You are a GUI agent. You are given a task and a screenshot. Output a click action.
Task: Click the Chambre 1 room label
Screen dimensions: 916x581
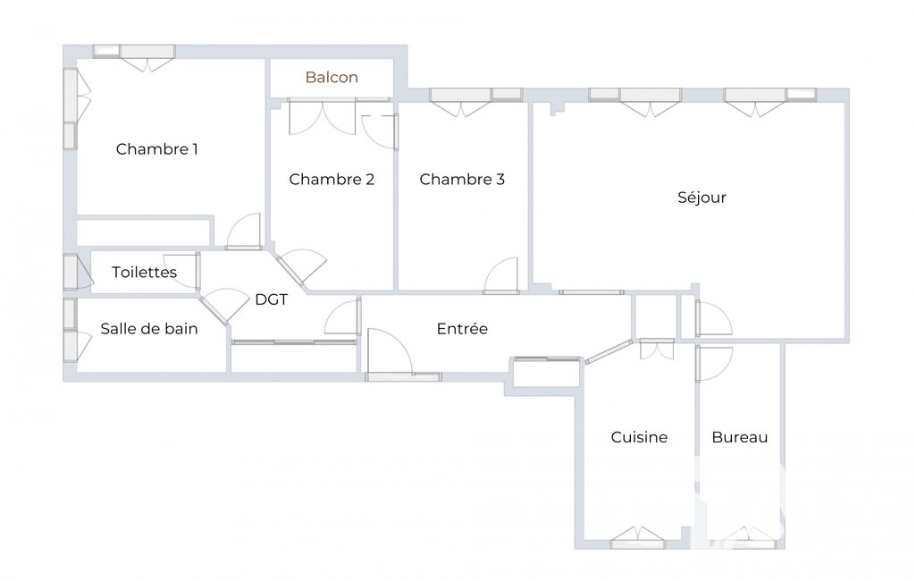pos(156,149)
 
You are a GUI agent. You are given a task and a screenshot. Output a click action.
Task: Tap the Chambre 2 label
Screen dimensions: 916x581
pos(332,179)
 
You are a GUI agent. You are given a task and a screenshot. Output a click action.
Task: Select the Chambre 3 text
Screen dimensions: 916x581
pos(461,179)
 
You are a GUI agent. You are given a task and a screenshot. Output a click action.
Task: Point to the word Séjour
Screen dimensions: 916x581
pos(702,198)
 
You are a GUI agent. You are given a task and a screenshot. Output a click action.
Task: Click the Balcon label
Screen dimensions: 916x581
pos(332,77)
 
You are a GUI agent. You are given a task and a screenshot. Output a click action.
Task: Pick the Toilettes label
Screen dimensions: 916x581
pos(144,272)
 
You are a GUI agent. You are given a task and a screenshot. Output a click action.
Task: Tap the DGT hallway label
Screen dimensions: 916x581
pos(271,299)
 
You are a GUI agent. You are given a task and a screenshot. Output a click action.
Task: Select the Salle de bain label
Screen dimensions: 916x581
pos(149,329)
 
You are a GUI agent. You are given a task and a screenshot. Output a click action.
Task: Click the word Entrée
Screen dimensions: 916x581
pos(462,329)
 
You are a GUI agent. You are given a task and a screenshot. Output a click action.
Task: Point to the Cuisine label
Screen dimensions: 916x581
pos(639,437)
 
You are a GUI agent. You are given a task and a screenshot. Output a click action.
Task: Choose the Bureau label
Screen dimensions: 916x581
pos(740,437)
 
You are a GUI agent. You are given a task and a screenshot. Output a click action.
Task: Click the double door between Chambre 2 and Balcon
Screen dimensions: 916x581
pos(322,117)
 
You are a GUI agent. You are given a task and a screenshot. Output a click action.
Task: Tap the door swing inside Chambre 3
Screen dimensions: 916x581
pos(501,275)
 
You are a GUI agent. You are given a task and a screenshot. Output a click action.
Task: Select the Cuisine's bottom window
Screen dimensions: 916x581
pos(638,538)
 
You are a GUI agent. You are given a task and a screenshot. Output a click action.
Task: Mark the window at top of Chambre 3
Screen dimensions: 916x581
pos(475,101)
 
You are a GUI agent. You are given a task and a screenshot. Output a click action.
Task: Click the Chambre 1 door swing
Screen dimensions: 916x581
pos(244,232)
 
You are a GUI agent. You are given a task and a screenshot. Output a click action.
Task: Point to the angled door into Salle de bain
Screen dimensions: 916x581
pos(224,306)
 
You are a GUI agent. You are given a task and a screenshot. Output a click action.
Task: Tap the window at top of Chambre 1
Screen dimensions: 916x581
pos(134,56)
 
